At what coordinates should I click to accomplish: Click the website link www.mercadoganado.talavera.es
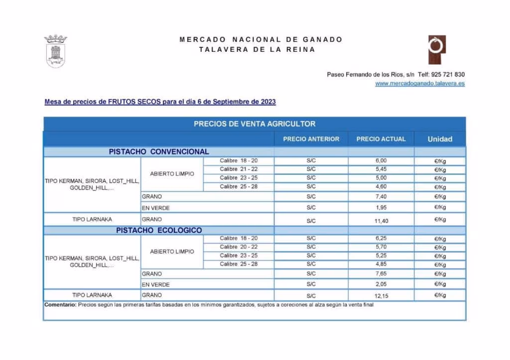[x=420, y=84]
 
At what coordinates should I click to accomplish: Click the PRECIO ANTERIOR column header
[x=311, y=139]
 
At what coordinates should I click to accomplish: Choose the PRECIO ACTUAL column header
[x=381, y=139]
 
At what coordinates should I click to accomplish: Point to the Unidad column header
[x=440, y=139]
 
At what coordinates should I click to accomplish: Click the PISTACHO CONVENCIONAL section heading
[x=159, y=152]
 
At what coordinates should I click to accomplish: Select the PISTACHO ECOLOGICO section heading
[x=159, y=231]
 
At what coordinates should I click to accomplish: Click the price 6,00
[x=381, y=161]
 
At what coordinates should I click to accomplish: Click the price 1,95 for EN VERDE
[x=381, y=207]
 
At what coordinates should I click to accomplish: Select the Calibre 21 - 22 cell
[x=239, y=169]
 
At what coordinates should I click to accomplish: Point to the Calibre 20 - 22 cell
[x=239, y=247]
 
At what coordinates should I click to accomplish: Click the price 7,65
[x=381, y=274]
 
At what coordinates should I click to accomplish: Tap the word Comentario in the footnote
[x=60, y=305]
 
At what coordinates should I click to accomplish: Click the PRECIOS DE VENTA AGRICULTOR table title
[x=255, y=124]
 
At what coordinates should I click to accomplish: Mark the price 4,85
[x=381, y=264]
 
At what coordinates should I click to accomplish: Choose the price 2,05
[x=381, y=284]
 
